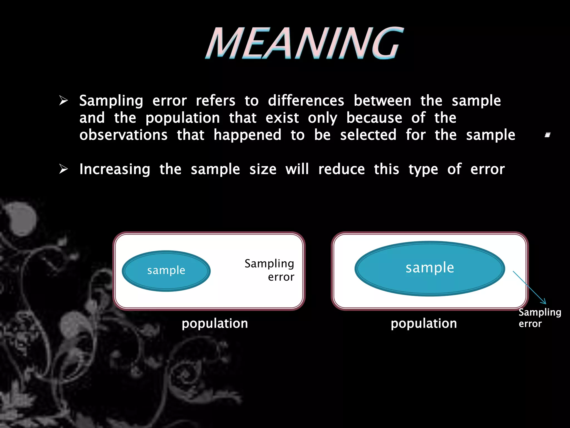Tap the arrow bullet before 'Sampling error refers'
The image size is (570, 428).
pyautogui.click(x=63, y=101)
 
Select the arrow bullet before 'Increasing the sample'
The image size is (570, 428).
pyautogui.click(x=63, y=169)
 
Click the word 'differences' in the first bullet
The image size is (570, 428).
pyautogui.click(x=306, y=101)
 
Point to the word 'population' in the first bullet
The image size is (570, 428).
pyautogui.click(x=183, y=118)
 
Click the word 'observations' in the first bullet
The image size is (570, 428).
pyautogui.click(x=123, y=135)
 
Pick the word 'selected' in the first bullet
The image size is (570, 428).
pyautogui.click(x=368, y=135)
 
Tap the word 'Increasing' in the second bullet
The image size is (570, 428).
pyautogui.click(x=115, y=169)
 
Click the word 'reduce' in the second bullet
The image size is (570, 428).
pyautogui.click(x=341, y=169)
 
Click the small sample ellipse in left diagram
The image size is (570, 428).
pyautogui.click(x=166, y=271)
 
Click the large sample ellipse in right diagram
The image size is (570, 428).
pyautogui.click(x=429, y=268)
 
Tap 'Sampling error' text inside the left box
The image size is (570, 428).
pyautogui.click(x=269, y=270)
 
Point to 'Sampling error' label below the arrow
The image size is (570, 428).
pyautogui.click(x=539, y=318)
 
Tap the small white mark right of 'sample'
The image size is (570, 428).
pyautogui.click(x=547, y=135)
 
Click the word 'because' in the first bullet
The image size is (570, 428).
pyautogui.click(x=374, y=118)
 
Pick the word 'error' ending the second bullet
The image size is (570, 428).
pyautogui.click(x=487, y=169)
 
